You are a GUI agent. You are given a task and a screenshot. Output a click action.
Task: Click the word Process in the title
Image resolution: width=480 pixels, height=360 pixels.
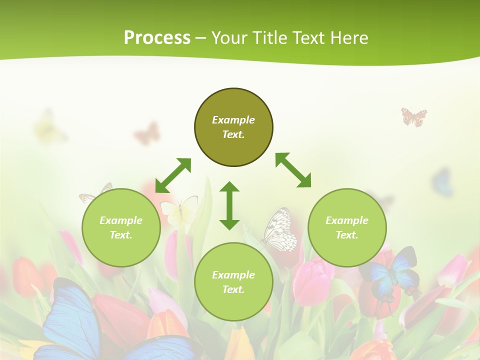point(157,38)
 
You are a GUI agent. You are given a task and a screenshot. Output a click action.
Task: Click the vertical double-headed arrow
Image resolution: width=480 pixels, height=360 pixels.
point(229,205)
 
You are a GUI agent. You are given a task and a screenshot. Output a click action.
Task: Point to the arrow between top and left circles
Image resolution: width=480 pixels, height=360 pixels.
point(173,175)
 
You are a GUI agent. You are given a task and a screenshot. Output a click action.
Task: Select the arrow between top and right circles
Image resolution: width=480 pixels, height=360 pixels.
point(293,170)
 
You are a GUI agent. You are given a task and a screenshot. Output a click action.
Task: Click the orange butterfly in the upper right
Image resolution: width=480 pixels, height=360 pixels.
point(414,116)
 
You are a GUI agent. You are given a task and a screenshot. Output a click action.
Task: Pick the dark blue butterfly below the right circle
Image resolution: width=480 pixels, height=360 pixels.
point(392,272)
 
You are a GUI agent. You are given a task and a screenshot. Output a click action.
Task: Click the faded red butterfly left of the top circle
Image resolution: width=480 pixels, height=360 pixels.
point(147,133)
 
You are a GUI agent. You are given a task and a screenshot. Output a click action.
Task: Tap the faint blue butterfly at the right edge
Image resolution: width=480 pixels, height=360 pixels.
point(442,182)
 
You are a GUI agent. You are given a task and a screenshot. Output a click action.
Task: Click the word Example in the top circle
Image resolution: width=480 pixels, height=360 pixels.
point(233,120)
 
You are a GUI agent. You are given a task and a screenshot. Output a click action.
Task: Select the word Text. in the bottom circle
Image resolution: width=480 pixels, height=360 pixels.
point(233,289)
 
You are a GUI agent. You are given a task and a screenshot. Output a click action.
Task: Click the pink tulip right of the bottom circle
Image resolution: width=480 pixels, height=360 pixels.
point(312,280)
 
